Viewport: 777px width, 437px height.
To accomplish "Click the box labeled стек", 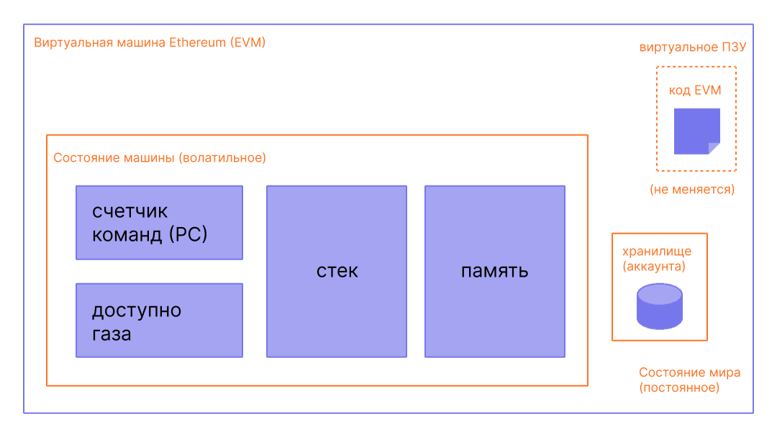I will [x=337, y=271].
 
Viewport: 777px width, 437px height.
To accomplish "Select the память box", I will [x=494, y=271].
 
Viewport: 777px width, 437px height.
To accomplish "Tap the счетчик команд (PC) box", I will [x=159, y=222].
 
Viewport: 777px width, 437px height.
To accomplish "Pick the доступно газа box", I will [x=159, y=320].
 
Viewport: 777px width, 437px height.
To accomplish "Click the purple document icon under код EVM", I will [x=696, y=131].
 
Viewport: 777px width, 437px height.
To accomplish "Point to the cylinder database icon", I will [x=659, y=306].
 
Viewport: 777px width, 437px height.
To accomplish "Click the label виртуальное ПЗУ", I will [x=693, y=48].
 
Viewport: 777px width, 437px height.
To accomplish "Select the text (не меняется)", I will [x=691, y=190].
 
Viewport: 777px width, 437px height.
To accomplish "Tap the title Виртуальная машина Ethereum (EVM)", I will [x=150, y=42].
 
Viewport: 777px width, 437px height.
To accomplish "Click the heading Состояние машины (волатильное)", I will [x=160, y=157].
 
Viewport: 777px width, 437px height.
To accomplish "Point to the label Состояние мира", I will [x=689, y=373].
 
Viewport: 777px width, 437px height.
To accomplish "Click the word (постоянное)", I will [x=678, y=388].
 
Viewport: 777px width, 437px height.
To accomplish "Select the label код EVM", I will [x=695, y=91].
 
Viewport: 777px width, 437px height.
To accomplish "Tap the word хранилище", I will [x=656, y=252].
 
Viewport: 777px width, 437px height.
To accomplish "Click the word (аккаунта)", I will [x=653, y=267].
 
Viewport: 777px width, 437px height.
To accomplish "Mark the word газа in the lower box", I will [x=112, y=334].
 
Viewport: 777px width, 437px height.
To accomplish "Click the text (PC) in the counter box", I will [x=188, y=234].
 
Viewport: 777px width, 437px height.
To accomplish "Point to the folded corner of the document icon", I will [x=714, y=148].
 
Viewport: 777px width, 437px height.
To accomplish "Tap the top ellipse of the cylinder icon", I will [x=659, y=293].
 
